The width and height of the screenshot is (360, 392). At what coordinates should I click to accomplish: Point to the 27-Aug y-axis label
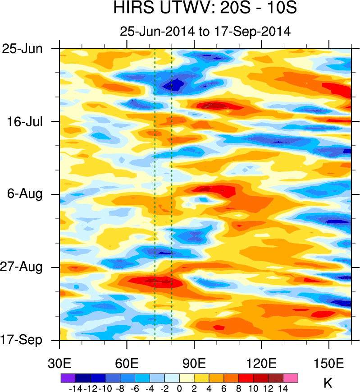point(25,267)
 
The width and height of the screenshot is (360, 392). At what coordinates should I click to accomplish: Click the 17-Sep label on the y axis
point(25,340)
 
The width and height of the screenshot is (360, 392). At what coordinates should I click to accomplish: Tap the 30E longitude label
point(60,363)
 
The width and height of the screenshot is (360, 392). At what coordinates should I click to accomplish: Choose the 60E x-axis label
point(127,363)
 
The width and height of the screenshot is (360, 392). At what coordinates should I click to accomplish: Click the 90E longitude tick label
point(194,363)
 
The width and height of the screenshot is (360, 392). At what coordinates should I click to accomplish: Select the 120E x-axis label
point(261,363)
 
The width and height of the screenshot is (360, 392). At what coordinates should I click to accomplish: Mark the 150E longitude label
point(329,363)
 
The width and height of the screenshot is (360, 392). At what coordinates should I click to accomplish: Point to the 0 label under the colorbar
point(179,387)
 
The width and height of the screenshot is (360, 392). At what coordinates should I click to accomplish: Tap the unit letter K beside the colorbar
point(328,383)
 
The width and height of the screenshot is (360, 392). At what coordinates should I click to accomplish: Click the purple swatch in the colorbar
point(68,378)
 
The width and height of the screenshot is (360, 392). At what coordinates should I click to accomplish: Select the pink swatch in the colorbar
point(291,378)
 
